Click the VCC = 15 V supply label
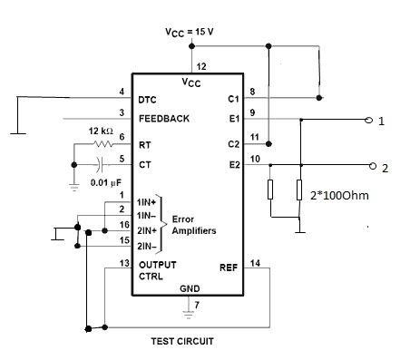click(x=190, y=32)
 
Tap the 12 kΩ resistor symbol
click(x=103, y=144)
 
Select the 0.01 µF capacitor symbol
click(x=100, y=164)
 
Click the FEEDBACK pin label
click(x=164, y=119)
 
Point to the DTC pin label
click(x=147, y=100)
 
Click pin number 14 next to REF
click(x=255, y=263)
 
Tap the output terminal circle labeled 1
click(x=368, y=120)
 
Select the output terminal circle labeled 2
click(x=373, y=166)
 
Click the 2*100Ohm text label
click(x=339, y=196)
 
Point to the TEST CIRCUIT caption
click(x=182, y=341)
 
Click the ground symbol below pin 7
click(x=189, y=315)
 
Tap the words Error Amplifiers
click(x=194, y=225)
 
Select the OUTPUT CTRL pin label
click(x=158, y=270)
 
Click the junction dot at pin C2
click(x=268, y=143)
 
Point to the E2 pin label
click(x=234, y=165)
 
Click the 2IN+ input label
click(x=147, y=230)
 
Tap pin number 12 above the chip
click(x=201, y=66)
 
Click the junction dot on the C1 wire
click(x=318, y=98)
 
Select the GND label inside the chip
click(x=190, y=288)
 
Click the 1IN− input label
click(x=146, y=216)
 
